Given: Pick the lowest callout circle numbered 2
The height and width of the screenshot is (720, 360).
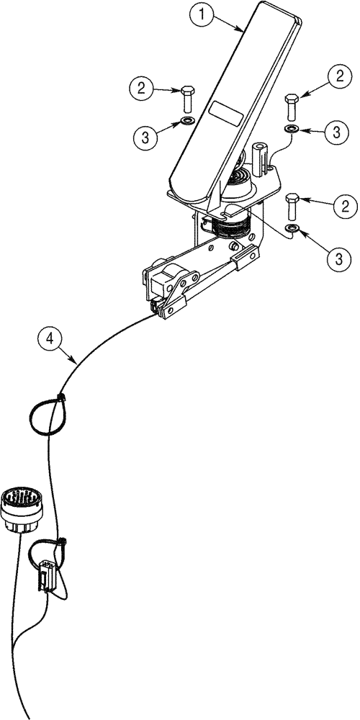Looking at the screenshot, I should [x=343, y=207].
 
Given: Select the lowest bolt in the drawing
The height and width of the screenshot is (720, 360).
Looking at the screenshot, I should [x=292, y=206].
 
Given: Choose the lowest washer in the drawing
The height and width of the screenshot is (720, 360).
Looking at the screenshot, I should [x=292, y=229].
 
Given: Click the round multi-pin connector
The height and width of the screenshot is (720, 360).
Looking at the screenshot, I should [x=22, y=505].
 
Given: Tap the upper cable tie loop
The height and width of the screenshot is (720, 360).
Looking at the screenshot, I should [x=45, y=413].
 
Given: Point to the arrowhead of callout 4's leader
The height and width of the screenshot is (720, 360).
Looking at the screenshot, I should [x=78, y=361].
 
